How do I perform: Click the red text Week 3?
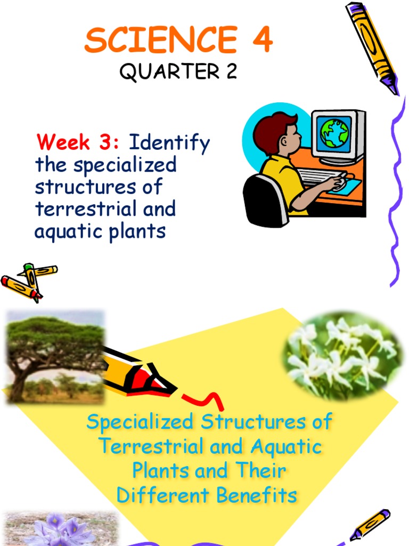(79, 143)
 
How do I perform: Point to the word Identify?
(170, 144)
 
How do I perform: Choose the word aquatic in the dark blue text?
(62, 231)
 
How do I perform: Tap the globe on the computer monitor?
(334, 133)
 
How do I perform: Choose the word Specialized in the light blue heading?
(140, 422)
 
